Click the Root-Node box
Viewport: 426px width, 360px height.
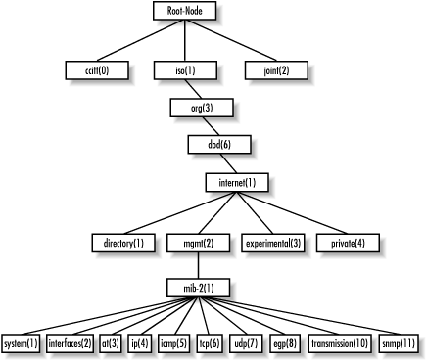click(184, 11)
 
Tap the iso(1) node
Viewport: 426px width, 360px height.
click(184, 70)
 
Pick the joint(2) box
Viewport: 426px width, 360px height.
click(275, 70)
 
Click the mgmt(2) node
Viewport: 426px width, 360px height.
click(198, 242)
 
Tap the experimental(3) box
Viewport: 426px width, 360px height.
click(272, 242)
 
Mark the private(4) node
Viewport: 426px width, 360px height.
click(347, 242)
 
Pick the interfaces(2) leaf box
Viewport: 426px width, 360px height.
click(71, 343)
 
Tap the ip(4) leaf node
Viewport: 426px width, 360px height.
click(138, 343)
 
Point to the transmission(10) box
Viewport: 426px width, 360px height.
click(340, 343)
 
